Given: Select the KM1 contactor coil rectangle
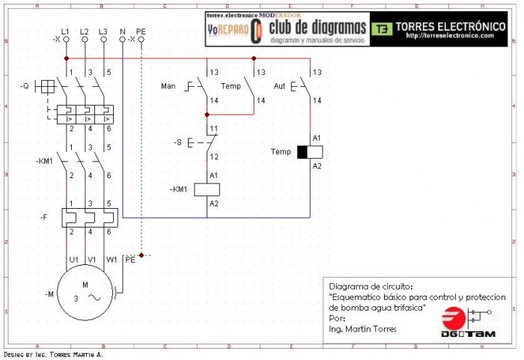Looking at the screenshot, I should pos(207,189).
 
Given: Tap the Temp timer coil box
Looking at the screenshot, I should pos(310,152).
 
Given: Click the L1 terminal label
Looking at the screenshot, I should pos(65,31).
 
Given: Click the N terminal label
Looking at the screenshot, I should pos(122,31).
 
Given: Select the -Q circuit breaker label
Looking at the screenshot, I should pos(25,86).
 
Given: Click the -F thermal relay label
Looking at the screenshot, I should pos(44,218).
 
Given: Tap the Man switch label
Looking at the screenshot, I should pos(168,86).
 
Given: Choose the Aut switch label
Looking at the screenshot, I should pos(280,86).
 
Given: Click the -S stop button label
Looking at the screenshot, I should pos(177,141).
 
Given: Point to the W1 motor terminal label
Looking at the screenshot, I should pos(112,260).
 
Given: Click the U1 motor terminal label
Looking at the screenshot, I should pos(73,260).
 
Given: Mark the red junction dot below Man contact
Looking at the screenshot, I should pos(207,115).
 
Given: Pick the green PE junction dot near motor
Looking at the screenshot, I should pos(141,255).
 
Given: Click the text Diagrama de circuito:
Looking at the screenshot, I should pos(371,287).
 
